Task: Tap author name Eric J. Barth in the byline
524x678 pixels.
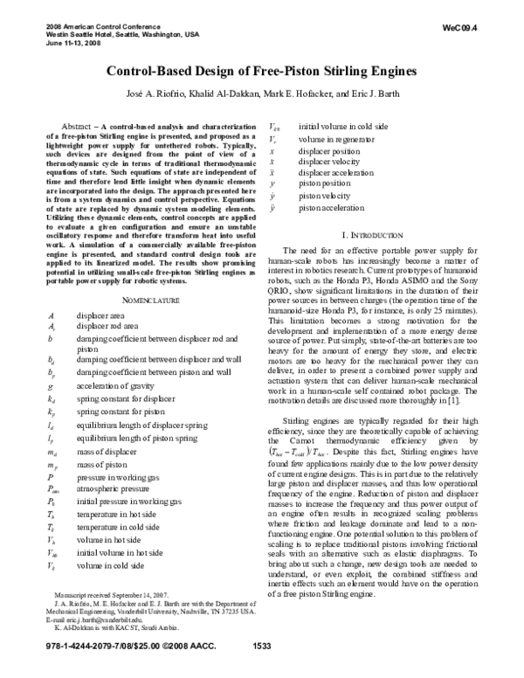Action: point(364,93)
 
